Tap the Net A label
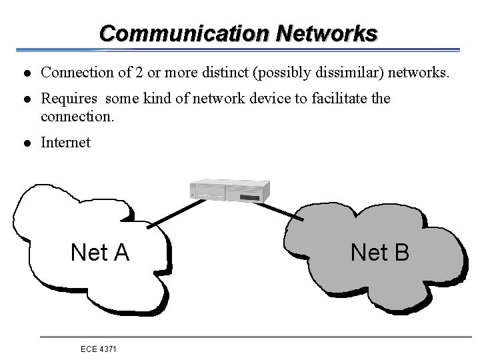[x=100, y=253]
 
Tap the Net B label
[x=380, y=252]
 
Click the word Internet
[x=65, y=143]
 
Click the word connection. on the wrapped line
[x=77, y=116]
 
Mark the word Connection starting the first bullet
[x=75, y=72]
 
